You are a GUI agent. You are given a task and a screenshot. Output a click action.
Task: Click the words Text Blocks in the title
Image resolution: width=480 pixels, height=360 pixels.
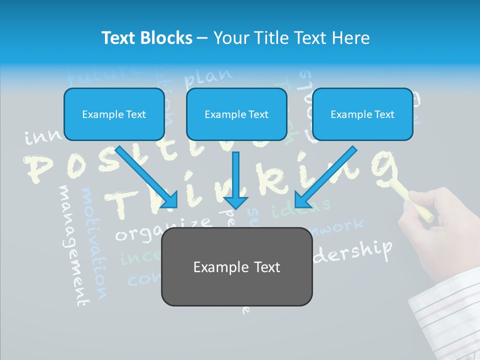(x=146, y=38)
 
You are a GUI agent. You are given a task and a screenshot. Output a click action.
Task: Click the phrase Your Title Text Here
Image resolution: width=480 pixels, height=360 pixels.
(x=291, y=38)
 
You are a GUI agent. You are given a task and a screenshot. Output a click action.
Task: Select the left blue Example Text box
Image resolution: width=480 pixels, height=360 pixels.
(x=114, y=114)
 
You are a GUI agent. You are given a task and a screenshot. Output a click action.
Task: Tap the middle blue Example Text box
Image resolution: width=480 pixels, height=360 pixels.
(x=236, y=114)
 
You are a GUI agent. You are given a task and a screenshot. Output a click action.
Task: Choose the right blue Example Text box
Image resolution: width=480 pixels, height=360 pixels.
(x=362, y=114)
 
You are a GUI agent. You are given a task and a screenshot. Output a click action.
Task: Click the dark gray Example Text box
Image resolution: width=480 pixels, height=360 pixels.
(x=236, y=266)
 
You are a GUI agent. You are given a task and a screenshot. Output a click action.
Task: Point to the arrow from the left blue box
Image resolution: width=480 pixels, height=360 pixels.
(x=147, y=177)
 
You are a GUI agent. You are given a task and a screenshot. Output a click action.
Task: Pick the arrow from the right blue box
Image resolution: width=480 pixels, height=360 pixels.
(x=325, y=177)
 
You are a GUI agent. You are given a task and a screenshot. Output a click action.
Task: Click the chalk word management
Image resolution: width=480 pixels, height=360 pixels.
(x=72, y=245)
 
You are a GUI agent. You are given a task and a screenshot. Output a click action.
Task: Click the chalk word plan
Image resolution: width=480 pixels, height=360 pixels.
(x=208, y=77)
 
